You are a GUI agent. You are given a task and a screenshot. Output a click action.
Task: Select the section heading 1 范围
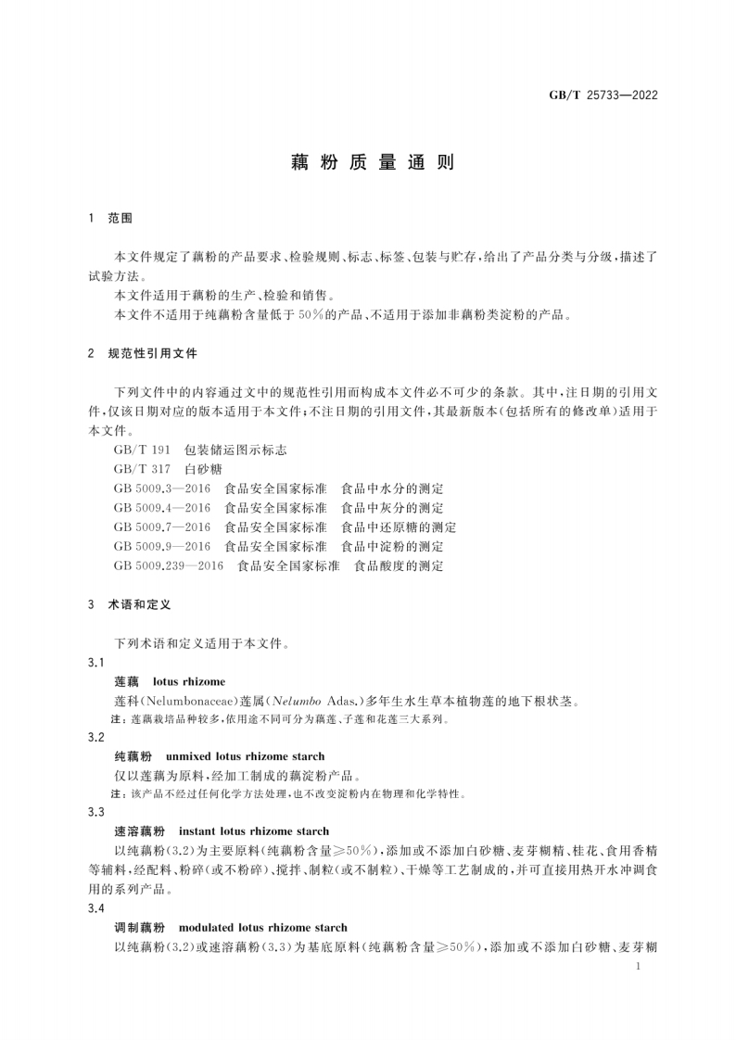click(110, 219)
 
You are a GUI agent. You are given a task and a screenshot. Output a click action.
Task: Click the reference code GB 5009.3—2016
click(162, 488)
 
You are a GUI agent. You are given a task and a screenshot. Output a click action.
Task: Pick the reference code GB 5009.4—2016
click(162, 508)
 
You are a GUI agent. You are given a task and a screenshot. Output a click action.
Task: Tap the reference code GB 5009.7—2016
click(162, 527)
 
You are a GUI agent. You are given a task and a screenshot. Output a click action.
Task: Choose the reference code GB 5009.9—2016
click(162, 547)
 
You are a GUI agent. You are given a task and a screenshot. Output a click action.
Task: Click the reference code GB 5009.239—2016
click(169, 565)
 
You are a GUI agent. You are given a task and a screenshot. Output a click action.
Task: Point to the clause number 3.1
click(95, 663)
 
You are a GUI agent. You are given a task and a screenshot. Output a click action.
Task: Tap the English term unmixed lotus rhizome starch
click(245, 756)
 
